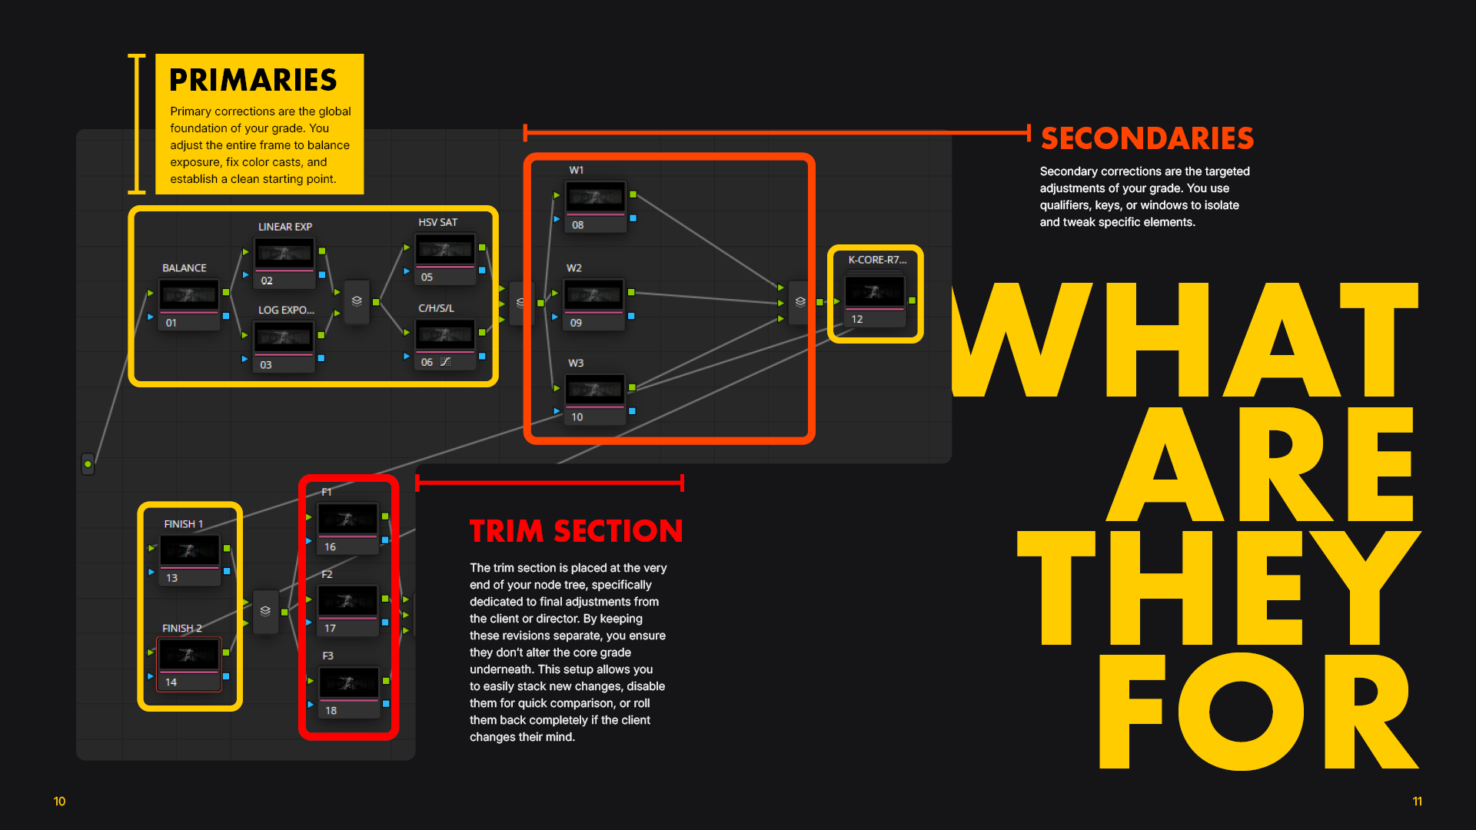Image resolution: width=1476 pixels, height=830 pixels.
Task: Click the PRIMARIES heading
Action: [x=253, y=80]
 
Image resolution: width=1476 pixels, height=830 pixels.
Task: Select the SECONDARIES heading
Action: [x=1147, y=138]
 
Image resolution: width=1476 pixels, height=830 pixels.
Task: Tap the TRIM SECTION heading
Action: [x=577, y=531]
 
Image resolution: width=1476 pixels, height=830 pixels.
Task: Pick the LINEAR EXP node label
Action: [x=285, y=227]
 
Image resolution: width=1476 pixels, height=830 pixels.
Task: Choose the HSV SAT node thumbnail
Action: [x=445, y=250]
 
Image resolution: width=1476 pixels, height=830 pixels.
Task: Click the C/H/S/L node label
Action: [x=436, y=308]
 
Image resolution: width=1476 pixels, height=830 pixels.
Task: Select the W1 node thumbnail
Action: [x=596, y=198]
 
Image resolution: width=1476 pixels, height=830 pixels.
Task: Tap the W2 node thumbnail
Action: [x=593, y=295]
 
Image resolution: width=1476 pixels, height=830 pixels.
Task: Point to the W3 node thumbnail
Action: [x=595, y=390]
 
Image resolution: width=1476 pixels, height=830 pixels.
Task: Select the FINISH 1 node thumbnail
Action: [x=189, y=551]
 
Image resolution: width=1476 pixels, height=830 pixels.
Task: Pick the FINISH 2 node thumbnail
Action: [x=189, y=656]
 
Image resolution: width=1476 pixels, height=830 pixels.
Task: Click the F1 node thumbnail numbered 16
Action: [x=348, y=520]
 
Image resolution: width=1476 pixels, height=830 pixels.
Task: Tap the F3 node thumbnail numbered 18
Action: [x=349, y=683]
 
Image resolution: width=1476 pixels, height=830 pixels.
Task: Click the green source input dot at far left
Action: [x=88, y=464]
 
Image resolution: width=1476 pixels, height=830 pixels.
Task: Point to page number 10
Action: [x=59, y=802]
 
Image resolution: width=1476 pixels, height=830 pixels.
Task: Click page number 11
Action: [x=1417, y=802]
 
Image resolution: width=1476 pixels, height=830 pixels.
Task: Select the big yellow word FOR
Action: [x=1258, y=711]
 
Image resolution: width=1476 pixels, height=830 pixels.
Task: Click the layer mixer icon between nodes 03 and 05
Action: [x=357, y=301]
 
